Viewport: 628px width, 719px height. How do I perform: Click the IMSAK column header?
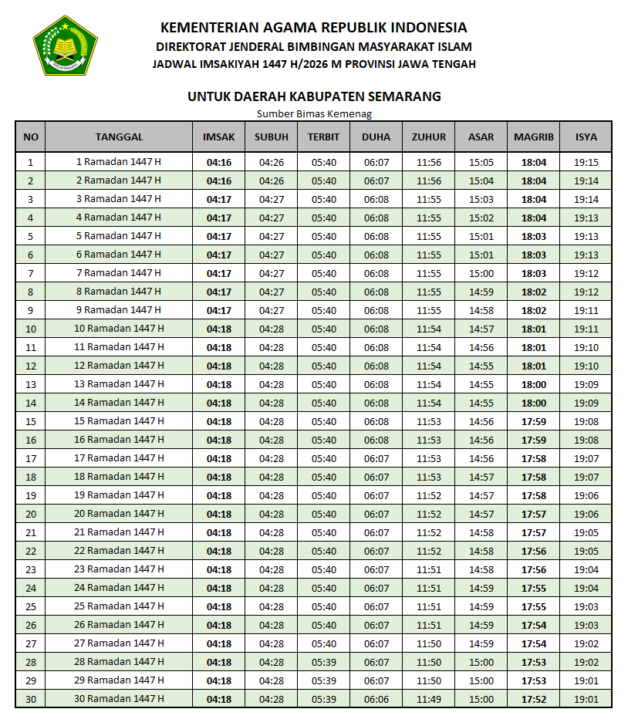pos(218,137)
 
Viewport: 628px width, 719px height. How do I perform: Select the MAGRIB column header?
pos(534,137)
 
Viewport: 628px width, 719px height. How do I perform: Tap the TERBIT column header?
pos(324,137)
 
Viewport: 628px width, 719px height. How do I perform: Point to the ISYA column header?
pos(586,137)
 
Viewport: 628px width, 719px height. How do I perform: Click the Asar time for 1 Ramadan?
pos(481,162)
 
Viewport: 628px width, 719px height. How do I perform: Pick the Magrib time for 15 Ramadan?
pos(534,421)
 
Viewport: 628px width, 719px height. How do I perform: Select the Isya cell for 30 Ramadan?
pos(586,699)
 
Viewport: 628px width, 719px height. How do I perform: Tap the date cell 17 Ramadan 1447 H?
pos(119,458)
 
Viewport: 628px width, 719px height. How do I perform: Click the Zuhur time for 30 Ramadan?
pos(429,699)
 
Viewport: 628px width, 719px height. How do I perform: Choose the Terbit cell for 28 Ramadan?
pos(324,662)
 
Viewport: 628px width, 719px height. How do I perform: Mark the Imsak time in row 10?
pos(218,329)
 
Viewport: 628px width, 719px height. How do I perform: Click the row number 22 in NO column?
pos(31,551)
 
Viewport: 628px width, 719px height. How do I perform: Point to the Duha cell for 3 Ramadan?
pos(376,199)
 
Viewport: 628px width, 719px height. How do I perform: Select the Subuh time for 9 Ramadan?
pos(272,310)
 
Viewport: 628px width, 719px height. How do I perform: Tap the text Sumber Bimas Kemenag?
pos(314,114)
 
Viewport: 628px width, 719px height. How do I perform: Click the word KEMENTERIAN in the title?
pos(208,29)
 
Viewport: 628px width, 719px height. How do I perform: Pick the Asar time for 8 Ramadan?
pos(481,292)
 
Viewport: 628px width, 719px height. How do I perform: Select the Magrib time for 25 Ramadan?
pos(534,606)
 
